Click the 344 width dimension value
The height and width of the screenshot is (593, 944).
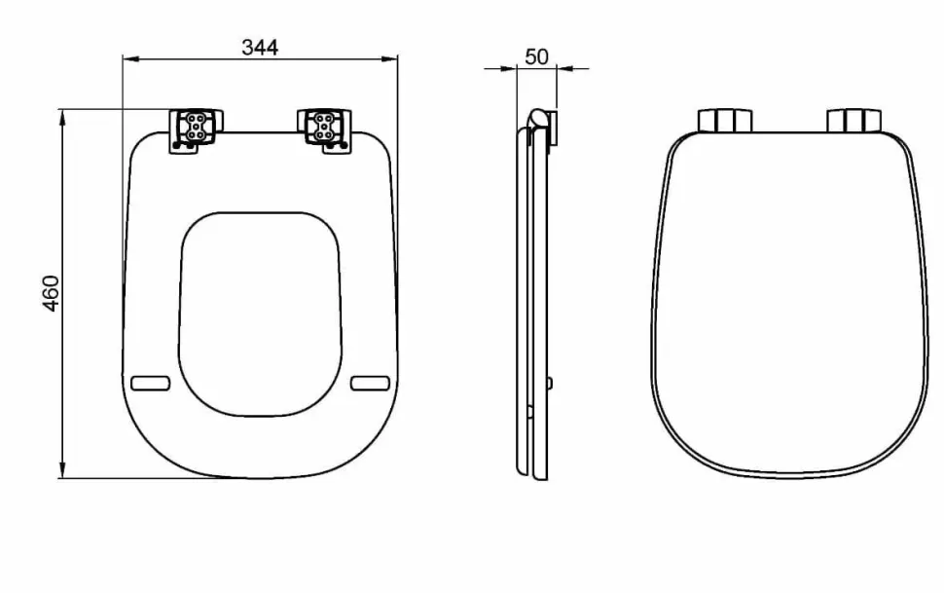click(260, 47)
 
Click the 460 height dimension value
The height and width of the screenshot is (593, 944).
click(52, 293)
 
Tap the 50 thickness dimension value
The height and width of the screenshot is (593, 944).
click(536, 56)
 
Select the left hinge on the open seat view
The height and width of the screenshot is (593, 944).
click(195, 130)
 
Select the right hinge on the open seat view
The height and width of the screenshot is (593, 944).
click(324, 130)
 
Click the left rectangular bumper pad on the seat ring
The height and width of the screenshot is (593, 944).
click(151, 384)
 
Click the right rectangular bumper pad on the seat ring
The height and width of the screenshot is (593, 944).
click(370, 384)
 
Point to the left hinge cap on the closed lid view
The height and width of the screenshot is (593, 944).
click(725, 121)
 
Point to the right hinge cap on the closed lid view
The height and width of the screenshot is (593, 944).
click(853, 121)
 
